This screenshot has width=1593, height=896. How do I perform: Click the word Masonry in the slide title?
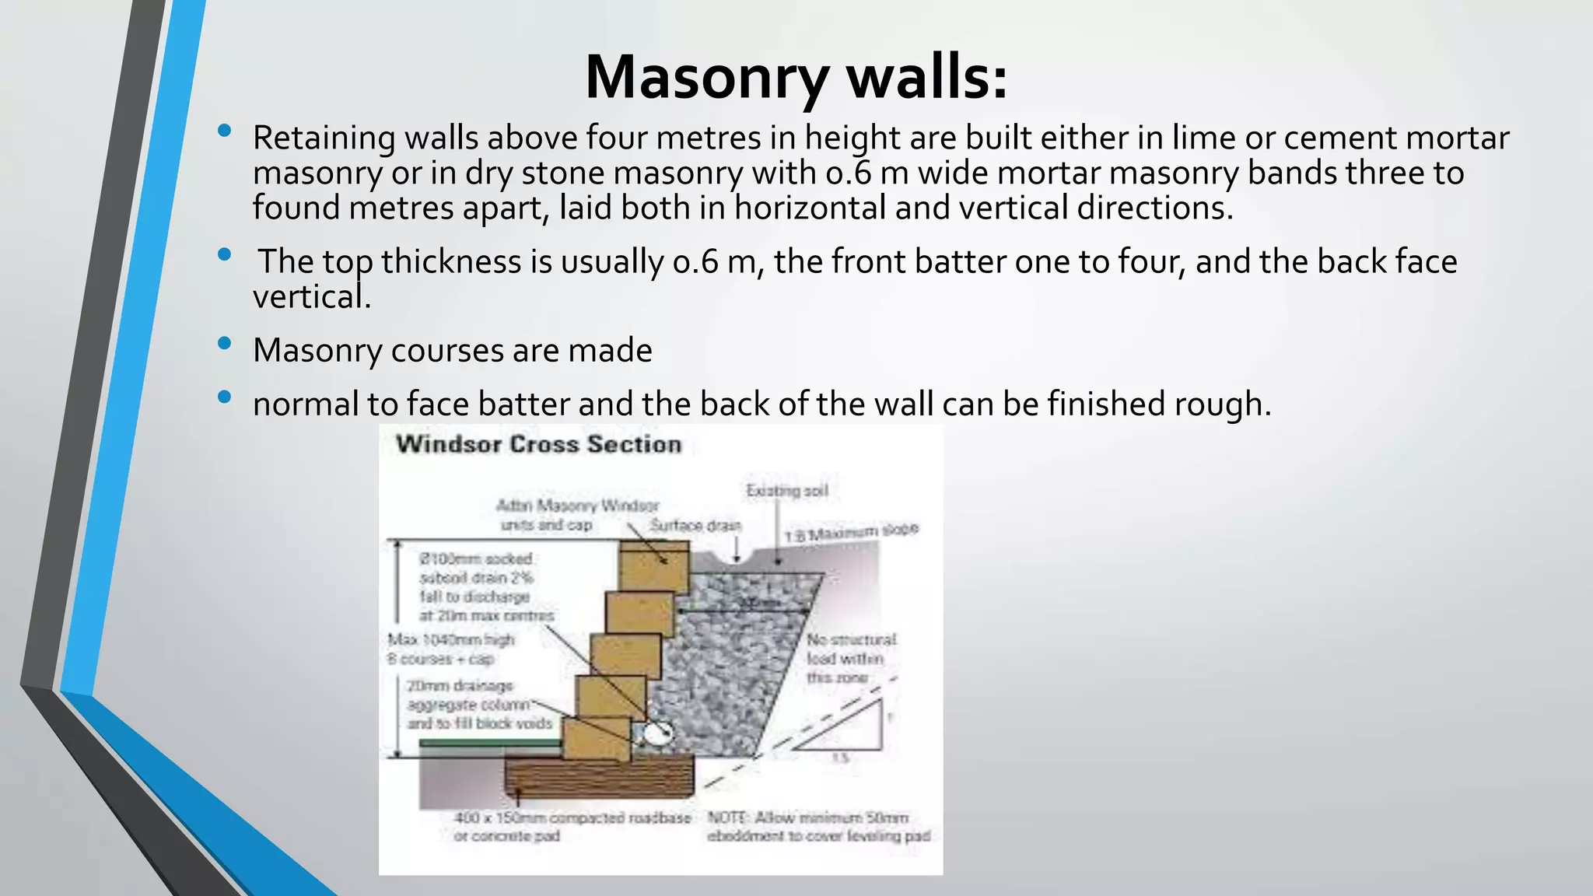(706, 79)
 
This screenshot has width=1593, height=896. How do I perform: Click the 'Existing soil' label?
(786, 491)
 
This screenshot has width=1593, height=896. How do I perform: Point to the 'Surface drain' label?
(695, 526)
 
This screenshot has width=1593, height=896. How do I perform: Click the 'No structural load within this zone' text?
(850, 658)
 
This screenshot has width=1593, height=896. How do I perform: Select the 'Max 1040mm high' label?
(451, 640)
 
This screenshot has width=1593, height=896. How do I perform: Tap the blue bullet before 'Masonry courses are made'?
(225, 343)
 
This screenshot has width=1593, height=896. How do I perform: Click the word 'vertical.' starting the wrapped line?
(311, 297)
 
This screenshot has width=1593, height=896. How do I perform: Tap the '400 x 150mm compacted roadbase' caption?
(572, 818)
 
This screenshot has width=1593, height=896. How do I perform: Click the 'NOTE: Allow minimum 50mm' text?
(807, 818)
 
